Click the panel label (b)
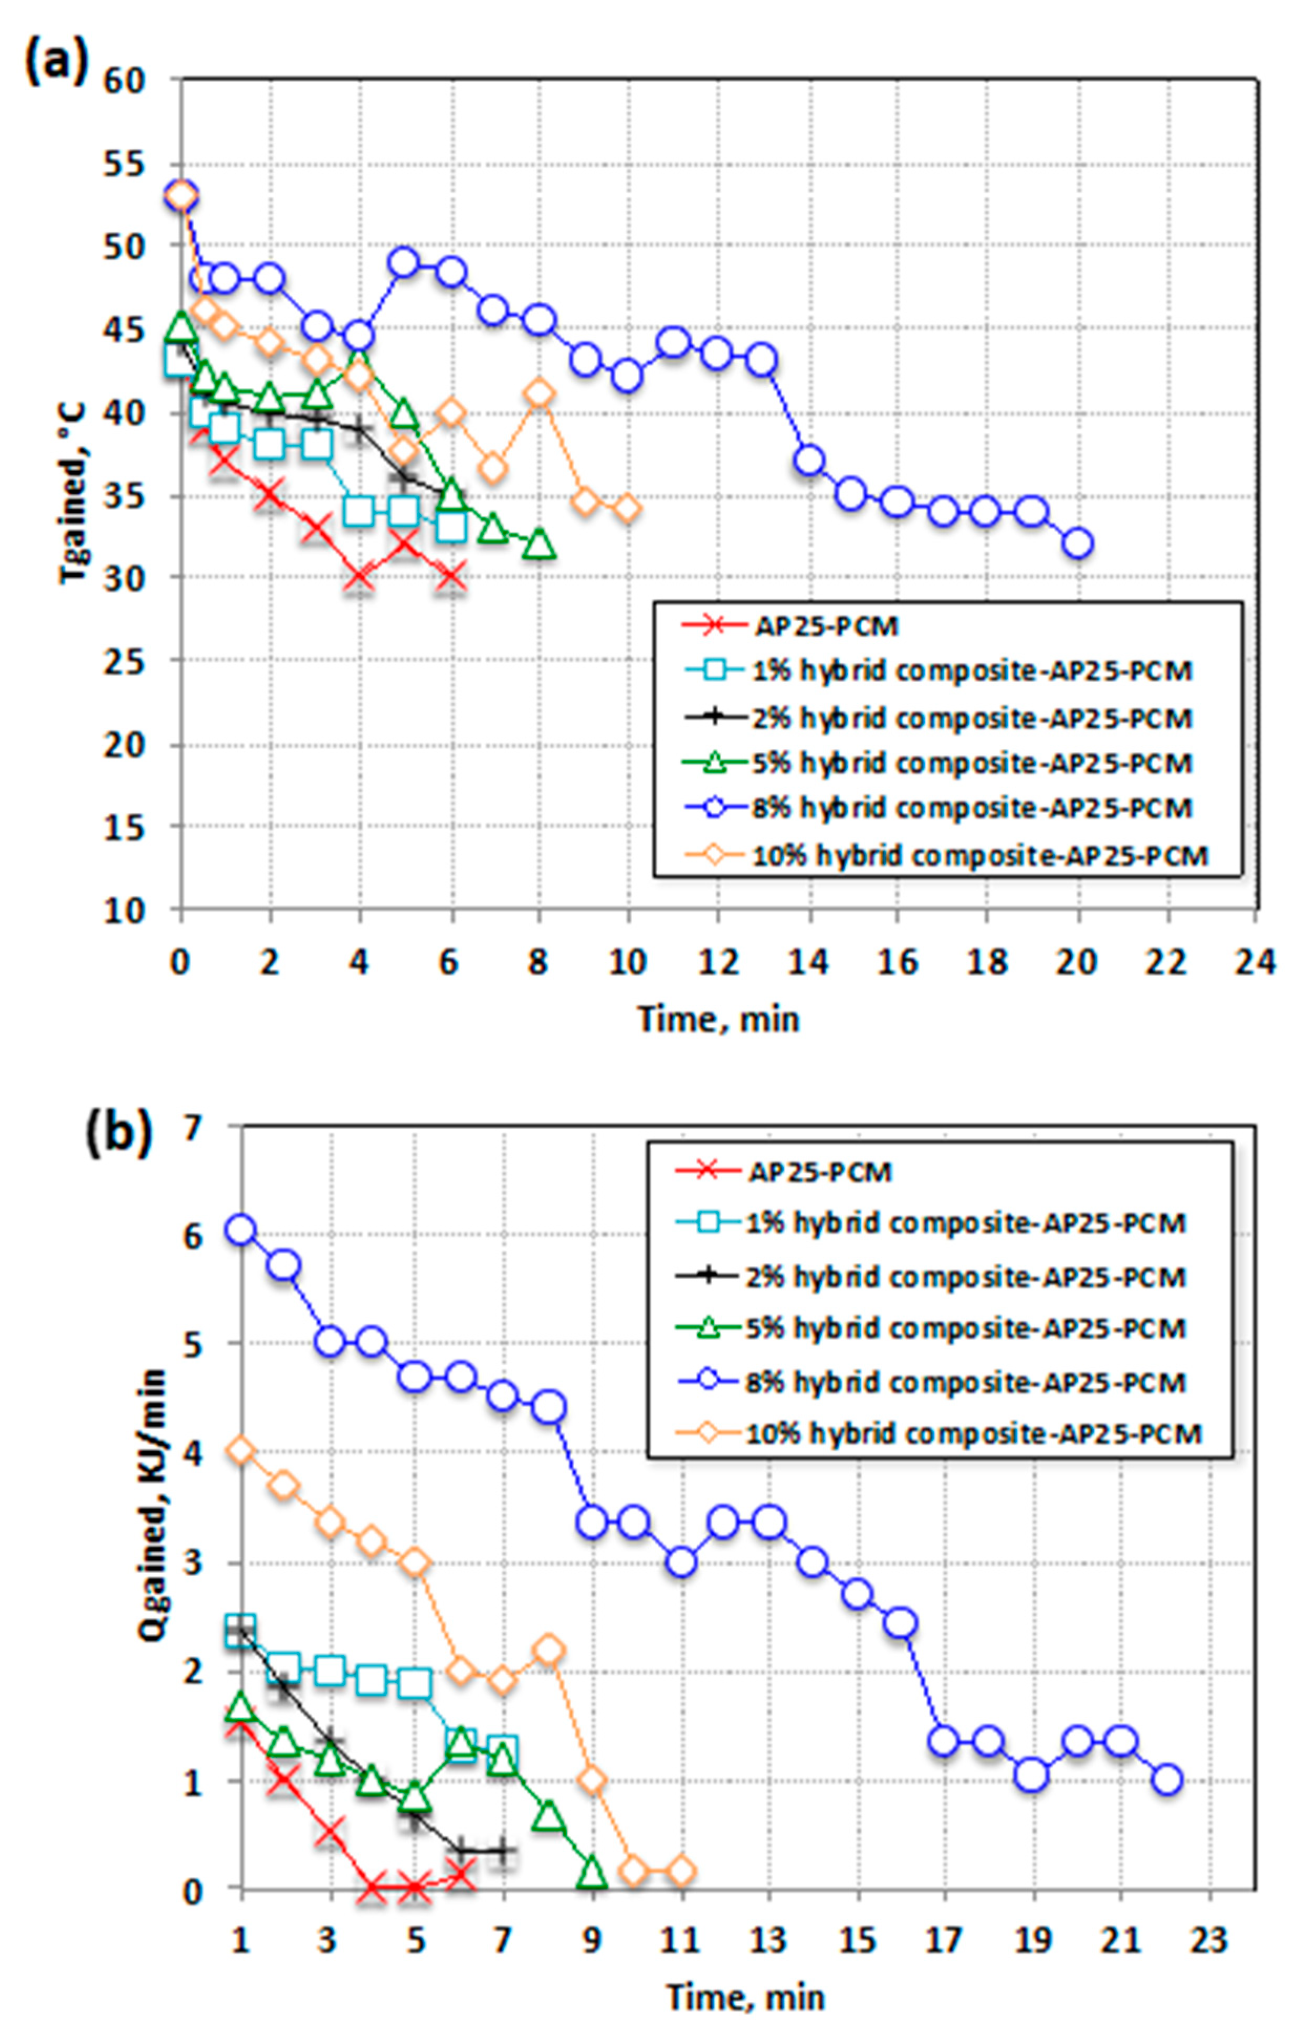click(x=119, y=1133)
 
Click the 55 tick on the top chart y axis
click(x=126, y=166)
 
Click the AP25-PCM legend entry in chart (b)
click(x=819, y=1172)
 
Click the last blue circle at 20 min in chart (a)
click(x=1078, y=543)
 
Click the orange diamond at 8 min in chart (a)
click(x=539, y=394)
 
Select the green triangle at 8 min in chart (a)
click(x=539, y=545)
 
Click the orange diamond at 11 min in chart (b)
click(x=680, y=1870)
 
